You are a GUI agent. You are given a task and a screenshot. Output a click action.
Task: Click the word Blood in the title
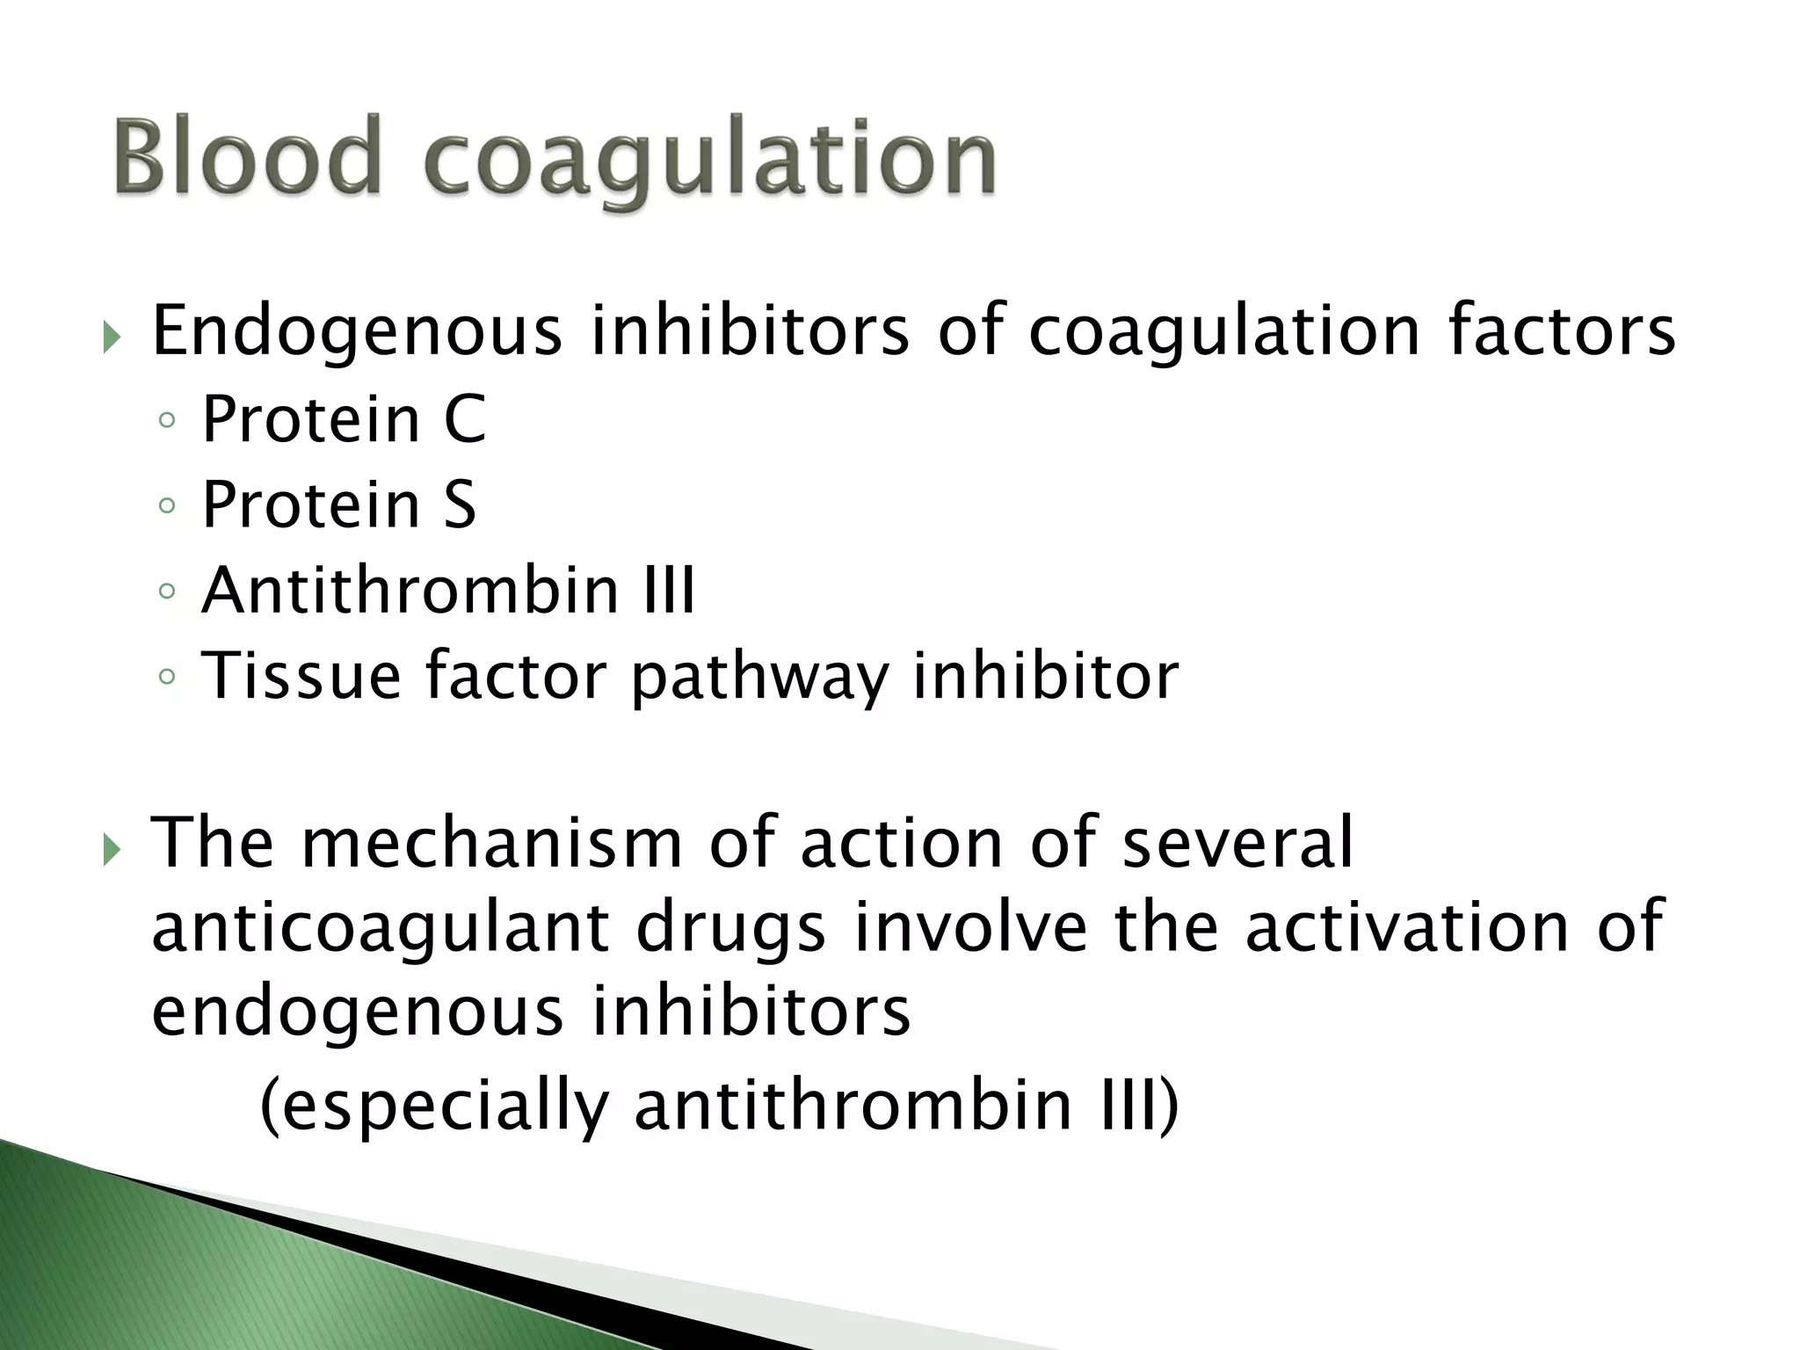tap(248, 158)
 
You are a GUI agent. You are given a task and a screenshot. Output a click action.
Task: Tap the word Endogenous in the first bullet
tap(357, 332)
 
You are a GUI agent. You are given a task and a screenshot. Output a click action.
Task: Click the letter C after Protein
tap(465, 419)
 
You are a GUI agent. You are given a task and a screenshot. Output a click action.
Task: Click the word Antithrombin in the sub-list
tap(410, 590)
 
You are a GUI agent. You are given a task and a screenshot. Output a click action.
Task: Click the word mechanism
tap(491, 843)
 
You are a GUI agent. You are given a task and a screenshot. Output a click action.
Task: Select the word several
tap(1238, 843)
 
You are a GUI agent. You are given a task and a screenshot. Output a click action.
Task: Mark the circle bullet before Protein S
tap(167, 506)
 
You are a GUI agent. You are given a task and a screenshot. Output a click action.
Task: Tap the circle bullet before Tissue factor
tap(167, 677)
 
